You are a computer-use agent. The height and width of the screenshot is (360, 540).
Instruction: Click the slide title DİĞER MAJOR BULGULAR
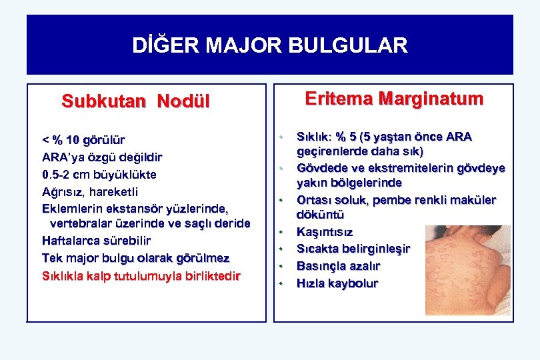[269, 45]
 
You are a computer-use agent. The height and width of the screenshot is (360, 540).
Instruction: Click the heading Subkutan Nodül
[135, 101]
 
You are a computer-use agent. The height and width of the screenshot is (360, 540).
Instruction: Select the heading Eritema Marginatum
[393, 99]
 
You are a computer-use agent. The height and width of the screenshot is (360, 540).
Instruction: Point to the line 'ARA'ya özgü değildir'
[101, 157]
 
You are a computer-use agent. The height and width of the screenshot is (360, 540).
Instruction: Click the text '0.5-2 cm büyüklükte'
[99, 175]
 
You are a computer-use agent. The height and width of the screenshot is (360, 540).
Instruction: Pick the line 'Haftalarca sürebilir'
[96, 240]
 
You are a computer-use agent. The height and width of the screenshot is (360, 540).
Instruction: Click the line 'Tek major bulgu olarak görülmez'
[135, 257]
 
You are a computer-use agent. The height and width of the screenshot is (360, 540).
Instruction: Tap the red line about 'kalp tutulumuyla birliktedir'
[141, 275]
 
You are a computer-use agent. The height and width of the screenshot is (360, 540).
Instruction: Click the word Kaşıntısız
[325, 232]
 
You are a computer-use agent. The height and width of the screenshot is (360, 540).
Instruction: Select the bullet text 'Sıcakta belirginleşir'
[353, 249]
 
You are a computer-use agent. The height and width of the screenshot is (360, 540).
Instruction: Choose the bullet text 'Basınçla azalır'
[338, 266]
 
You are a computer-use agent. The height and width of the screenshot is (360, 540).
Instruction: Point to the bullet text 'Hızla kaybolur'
[337, 283]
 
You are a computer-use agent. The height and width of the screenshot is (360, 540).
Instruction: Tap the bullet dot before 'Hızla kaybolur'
[281, 284]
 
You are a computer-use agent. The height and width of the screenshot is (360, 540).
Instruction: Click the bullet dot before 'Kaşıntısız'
[281, 233]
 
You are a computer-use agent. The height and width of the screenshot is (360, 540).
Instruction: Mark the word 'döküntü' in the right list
[320, 215]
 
